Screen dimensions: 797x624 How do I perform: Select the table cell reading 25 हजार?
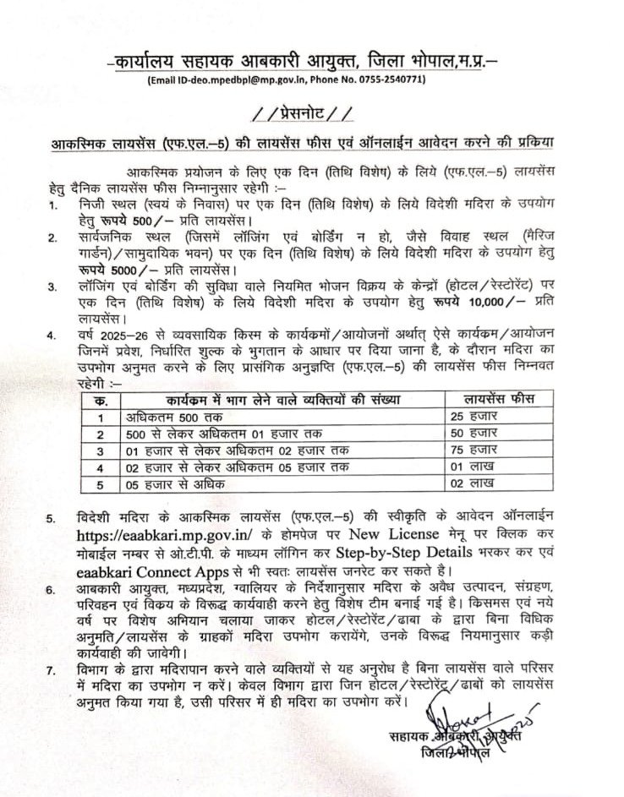coord(472,417)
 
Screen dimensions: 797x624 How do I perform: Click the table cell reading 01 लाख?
coord(472,467)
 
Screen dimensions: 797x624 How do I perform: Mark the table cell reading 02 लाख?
coord(472,485)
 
